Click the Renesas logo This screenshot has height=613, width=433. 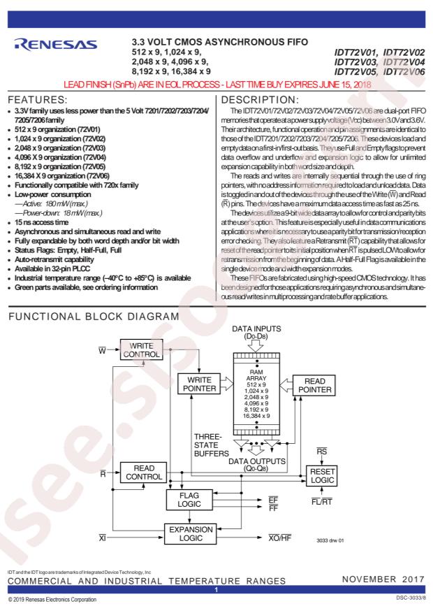pos(55,45)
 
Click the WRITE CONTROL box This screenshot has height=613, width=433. pos(141,350)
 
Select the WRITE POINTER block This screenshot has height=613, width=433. pos(199,384)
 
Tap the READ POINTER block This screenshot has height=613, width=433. pos(314,385)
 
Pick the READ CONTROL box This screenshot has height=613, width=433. pos(143,473)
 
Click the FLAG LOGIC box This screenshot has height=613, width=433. pos(189,500)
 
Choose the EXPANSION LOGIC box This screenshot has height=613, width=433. pos(191,533)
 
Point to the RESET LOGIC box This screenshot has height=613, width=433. pos(322,476)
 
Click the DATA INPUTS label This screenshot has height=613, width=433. pos(256,332)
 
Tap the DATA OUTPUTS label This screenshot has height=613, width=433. pos(256,464)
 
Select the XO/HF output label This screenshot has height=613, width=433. pos(279,538)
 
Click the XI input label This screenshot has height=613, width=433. pos(102,538)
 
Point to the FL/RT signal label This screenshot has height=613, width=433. pos(322,502)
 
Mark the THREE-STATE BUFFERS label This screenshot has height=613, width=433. pos(211,445)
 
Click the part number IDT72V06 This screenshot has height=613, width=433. pos(404,71)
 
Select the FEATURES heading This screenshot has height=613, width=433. pos(38,100)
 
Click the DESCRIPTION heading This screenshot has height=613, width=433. pos(260,100)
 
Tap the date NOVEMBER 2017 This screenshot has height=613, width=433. pos(383,579)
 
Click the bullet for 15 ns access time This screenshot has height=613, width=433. pos(9,223)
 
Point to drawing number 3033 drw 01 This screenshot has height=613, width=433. pos(330,541)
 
